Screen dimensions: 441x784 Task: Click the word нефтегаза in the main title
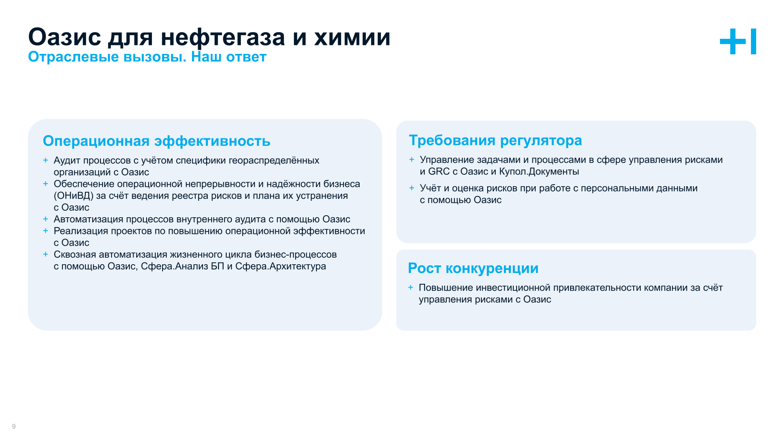click(223, 38)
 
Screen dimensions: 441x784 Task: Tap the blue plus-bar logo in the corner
click(738, 42)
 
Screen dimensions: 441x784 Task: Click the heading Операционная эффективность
click(156, 141)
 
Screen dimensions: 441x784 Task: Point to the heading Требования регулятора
click(495, 140)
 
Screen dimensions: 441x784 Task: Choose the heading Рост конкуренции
click(473, 268)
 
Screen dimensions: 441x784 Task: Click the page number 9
click(14, 426)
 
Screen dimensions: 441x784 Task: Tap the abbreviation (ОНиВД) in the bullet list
click(73, 196)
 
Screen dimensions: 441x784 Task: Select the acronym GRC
click(439, 171)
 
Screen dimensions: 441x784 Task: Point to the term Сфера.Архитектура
click(281, 266)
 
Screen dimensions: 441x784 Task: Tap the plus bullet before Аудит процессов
click(45, 160)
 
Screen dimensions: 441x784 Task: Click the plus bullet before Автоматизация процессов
click(45, 219)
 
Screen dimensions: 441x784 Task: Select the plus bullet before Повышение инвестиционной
click(410, 287)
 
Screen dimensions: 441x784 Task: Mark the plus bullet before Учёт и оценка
click(412, 188)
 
